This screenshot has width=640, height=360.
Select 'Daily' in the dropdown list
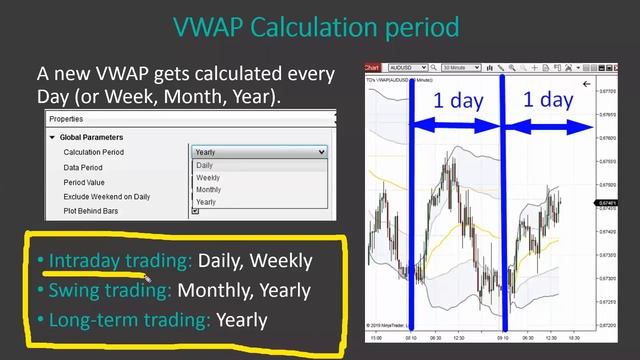[x=205, y=166]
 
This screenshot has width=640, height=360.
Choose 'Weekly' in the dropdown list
[x=208, y=178]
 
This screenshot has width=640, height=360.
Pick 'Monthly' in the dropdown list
[x=209, y=190]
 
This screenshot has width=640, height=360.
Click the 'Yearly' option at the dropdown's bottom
[x=206, y=202]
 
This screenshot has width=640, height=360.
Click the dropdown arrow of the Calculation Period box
[x=320, y=152]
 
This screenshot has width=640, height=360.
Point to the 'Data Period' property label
[x=84, y=168]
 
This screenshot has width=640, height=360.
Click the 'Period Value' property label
[x=84, y=183]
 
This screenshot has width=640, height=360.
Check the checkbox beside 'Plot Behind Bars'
[x=195, y=211]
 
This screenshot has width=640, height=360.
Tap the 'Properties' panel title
[x=66, y=119]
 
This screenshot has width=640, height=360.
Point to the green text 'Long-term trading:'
[x=129, y=320]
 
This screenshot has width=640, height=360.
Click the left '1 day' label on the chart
[x=455, y=100]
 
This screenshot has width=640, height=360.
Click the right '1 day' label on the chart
[x=548, y=100]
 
